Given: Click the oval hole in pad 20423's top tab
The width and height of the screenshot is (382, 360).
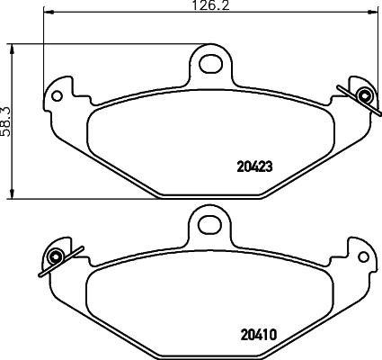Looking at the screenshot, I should [211, 63].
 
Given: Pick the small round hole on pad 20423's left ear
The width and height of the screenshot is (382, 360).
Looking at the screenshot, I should [58, 94].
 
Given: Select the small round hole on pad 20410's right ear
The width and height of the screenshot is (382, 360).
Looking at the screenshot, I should [363, 257].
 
